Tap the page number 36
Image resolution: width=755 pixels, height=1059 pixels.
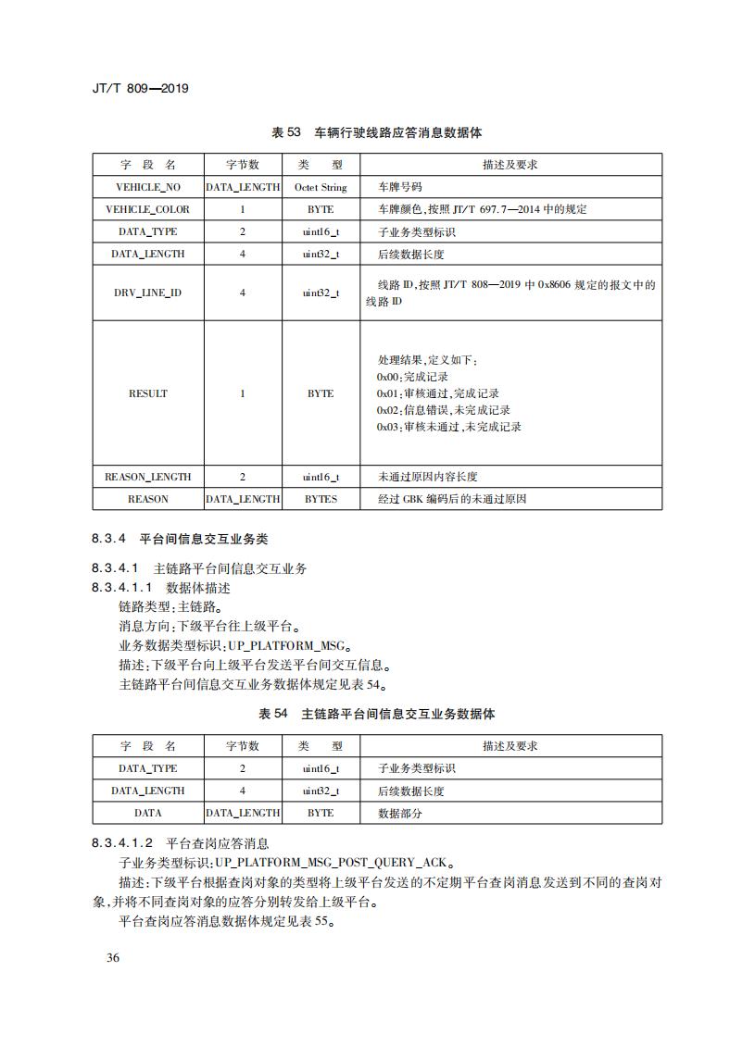click(112, 957)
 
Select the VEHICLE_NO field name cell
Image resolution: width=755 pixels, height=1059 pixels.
click(148, 187)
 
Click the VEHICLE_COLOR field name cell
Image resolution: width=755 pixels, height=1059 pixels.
click(148, 209)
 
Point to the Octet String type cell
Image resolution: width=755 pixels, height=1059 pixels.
click(321, 187)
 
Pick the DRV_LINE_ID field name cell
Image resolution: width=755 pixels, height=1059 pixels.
click(148, 293)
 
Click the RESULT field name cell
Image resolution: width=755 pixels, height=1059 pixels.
click(148, 393)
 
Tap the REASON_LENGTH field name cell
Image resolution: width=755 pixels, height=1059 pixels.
click(148, 477)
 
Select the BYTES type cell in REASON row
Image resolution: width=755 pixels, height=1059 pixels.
click(321, 499)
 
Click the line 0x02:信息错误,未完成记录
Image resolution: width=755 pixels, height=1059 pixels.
click(443, 410)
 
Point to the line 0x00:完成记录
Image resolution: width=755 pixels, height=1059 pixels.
click(412, 377)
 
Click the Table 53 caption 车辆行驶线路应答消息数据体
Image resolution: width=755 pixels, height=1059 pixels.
click(376, 132)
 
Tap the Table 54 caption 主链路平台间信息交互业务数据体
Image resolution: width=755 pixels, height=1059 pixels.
click(376, 714)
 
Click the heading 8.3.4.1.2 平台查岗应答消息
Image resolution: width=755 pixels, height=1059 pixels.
click(180, 843)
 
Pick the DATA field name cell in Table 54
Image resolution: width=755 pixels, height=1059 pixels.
click(148, 813)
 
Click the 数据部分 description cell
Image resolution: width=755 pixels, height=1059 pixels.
click(400, 813)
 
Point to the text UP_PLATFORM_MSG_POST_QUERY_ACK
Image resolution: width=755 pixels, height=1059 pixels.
click(333, 862)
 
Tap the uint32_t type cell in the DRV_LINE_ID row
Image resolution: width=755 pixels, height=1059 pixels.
click(321, 293)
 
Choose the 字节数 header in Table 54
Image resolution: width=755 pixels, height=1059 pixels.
click(243, 746)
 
